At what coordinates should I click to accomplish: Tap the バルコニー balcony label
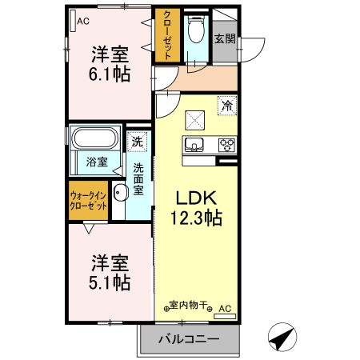point(189,339)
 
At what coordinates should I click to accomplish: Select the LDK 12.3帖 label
point(194,207)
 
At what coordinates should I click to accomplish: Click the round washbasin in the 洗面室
point(120,192)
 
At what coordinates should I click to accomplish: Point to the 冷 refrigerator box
point(226,106)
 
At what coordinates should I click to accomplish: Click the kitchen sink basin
point(195,145)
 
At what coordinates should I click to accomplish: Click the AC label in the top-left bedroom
point(82,22)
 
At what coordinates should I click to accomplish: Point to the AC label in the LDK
point(225,306)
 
